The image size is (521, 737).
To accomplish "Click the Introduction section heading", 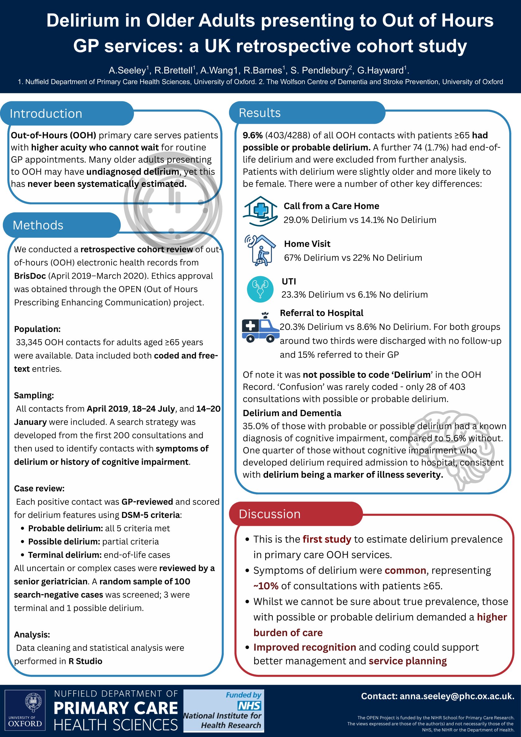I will pyautogui.click(x=46, y=114).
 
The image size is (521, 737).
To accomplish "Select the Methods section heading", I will pyautogui.click(x=38, y=225).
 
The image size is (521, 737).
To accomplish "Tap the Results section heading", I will pyautogui.click(x=259, y=113).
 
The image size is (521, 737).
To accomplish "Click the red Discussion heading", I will pyautogui.click(x=269, y=514).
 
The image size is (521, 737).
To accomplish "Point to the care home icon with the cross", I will pyautogui.click(x=260, y=211).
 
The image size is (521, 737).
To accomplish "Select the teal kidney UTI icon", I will pyautogui.click(x=260, y=289).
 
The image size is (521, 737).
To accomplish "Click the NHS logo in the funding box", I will pyautogui.click(x=249, y=706).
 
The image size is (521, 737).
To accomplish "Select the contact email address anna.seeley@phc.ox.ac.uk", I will pyautogui.click(x=457, y=696).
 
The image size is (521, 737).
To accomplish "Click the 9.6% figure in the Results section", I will pyautogui.click(x=253, y=135).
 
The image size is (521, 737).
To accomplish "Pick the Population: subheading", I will pyautogui.click(x=37, y=329).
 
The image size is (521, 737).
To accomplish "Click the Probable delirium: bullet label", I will pyautogui.click(x=66, y=528).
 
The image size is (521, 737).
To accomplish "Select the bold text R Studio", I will pyautogui.click(x=85, y=661).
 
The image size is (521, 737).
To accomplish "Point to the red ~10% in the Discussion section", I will pyautogui.click(x=266, y=586).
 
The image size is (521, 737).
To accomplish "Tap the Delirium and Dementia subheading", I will pyautogui.click(x=292, y=413).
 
